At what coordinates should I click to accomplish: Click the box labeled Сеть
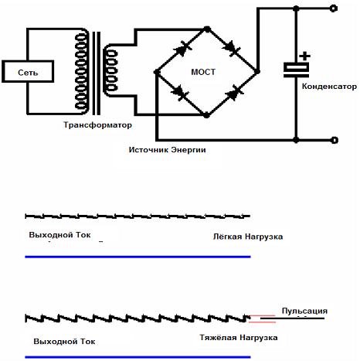click(x=28, y=71)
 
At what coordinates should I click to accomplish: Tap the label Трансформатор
click(x=97, y=125)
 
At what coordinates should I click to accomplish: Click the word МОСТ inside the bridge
click(x=203, y=72)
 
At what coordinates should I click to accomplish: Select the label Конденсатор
click(x=329, y=87)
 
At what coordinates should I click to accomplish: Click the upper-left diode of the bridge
click(x=183, y=48)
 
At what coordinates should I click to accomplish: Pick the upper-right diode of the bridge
click(x=232, y=48)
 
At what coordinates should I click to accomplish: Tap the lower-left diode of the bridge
click(x=181, y=93)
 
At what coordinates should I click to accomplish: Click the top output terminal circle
click(x=334, y=9)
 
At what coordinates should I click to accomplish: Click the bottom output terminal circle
click(x=334, y=140)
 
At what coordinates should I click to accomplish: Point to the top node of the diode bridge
click(x=207, y=29)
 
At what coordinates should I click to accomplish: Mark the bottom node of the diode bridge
click(x=206, y=115)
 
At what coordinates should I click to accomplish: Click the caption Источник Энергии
click(x=167, y=150)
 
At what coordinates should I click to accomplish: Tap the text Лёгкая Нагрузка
click(x=248, y=237)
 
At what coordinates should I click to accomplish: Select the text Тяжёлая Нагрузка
click(x=239, y=338)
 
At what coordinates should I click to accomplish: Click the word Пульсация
click(x=304, y=311)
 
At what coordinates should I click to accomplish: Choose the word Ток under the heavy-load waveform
click(x=88, y=342)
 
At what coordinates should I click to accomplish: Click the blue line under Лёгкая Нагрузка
click(x=138, y=257)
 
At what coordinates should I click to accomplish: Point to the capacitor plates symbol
click(x=296, y=70)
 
